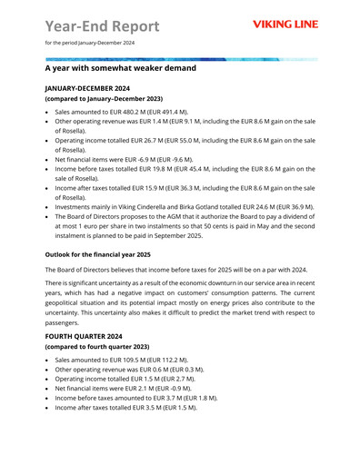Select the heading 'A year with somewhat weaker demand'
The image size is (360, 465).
coord(120,68)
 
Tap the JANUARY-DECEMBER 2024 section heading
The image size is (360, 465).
coord(88,89)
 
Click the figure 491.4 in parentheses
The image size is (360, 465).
coord(183,110)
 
